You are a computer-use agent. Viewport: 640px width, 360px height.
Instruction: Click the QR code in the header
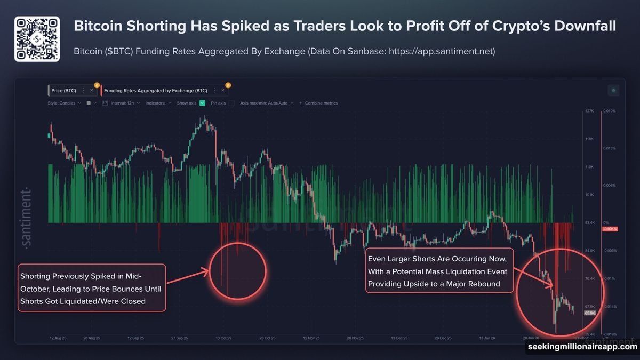[36, 39]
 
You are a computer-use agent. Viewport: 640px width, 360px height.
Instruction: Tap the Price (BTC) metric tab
[63, 91]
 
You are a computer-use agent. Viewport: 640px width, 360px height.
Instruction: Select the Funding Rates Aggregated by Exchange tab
[155, 91]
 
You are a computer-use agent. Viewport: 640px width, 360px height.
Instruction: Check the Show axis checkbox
[202, 103]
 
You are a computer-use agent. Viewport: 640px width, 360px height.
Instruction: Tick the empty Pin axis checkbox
[231, 103]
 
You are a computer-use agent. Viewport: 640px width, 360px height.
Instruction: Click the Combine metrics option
[321, 103]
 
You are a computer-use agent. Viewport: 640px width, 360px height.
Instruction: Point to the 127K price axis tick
[589, 111]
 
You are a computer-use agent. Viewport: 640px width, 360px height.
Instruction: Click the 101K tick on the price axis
[589, 195]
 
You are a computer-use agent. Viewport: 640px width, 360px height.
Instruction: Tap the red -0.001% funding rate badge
[609, 229]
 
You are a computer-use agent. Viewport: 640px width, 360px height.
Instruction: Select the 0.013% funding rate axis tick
[610, 148]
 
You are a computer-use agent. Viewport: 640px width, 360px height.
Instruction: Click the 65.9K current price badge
[589, 313]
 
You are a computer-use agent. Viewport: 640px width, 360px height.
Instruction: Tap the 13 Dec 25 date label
[399, 338]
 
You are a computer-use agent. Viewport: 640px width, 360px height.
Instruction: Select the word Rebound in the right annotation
[483, 284]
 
